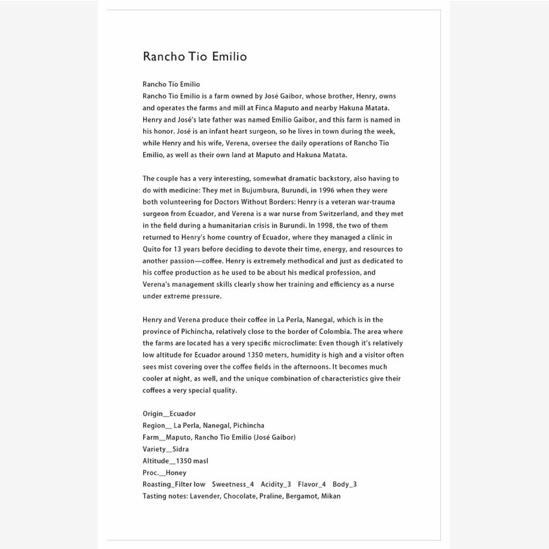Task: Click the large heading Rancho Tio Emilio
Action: click(x=195, y=57)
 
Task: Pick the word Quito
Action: click(x=152, y=249)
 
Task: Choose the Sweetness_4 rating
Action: click(x=233, y=484)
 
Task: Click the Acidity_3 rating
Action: click(x=276, y=484)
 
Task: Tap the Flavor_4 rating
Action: click(x=311, y=484)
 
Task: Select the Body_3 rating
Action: click(x=344, y=484)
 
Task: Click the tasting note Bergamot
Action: click(x=301, y=496)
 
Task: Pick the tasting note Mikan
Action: click(x=331, y=496)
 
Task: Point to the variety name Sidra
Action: click(x=181, y=449)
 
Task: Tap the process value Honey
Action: click(x=176, y=473)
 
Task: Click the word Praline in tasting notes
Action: click(x=271, y=496)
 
